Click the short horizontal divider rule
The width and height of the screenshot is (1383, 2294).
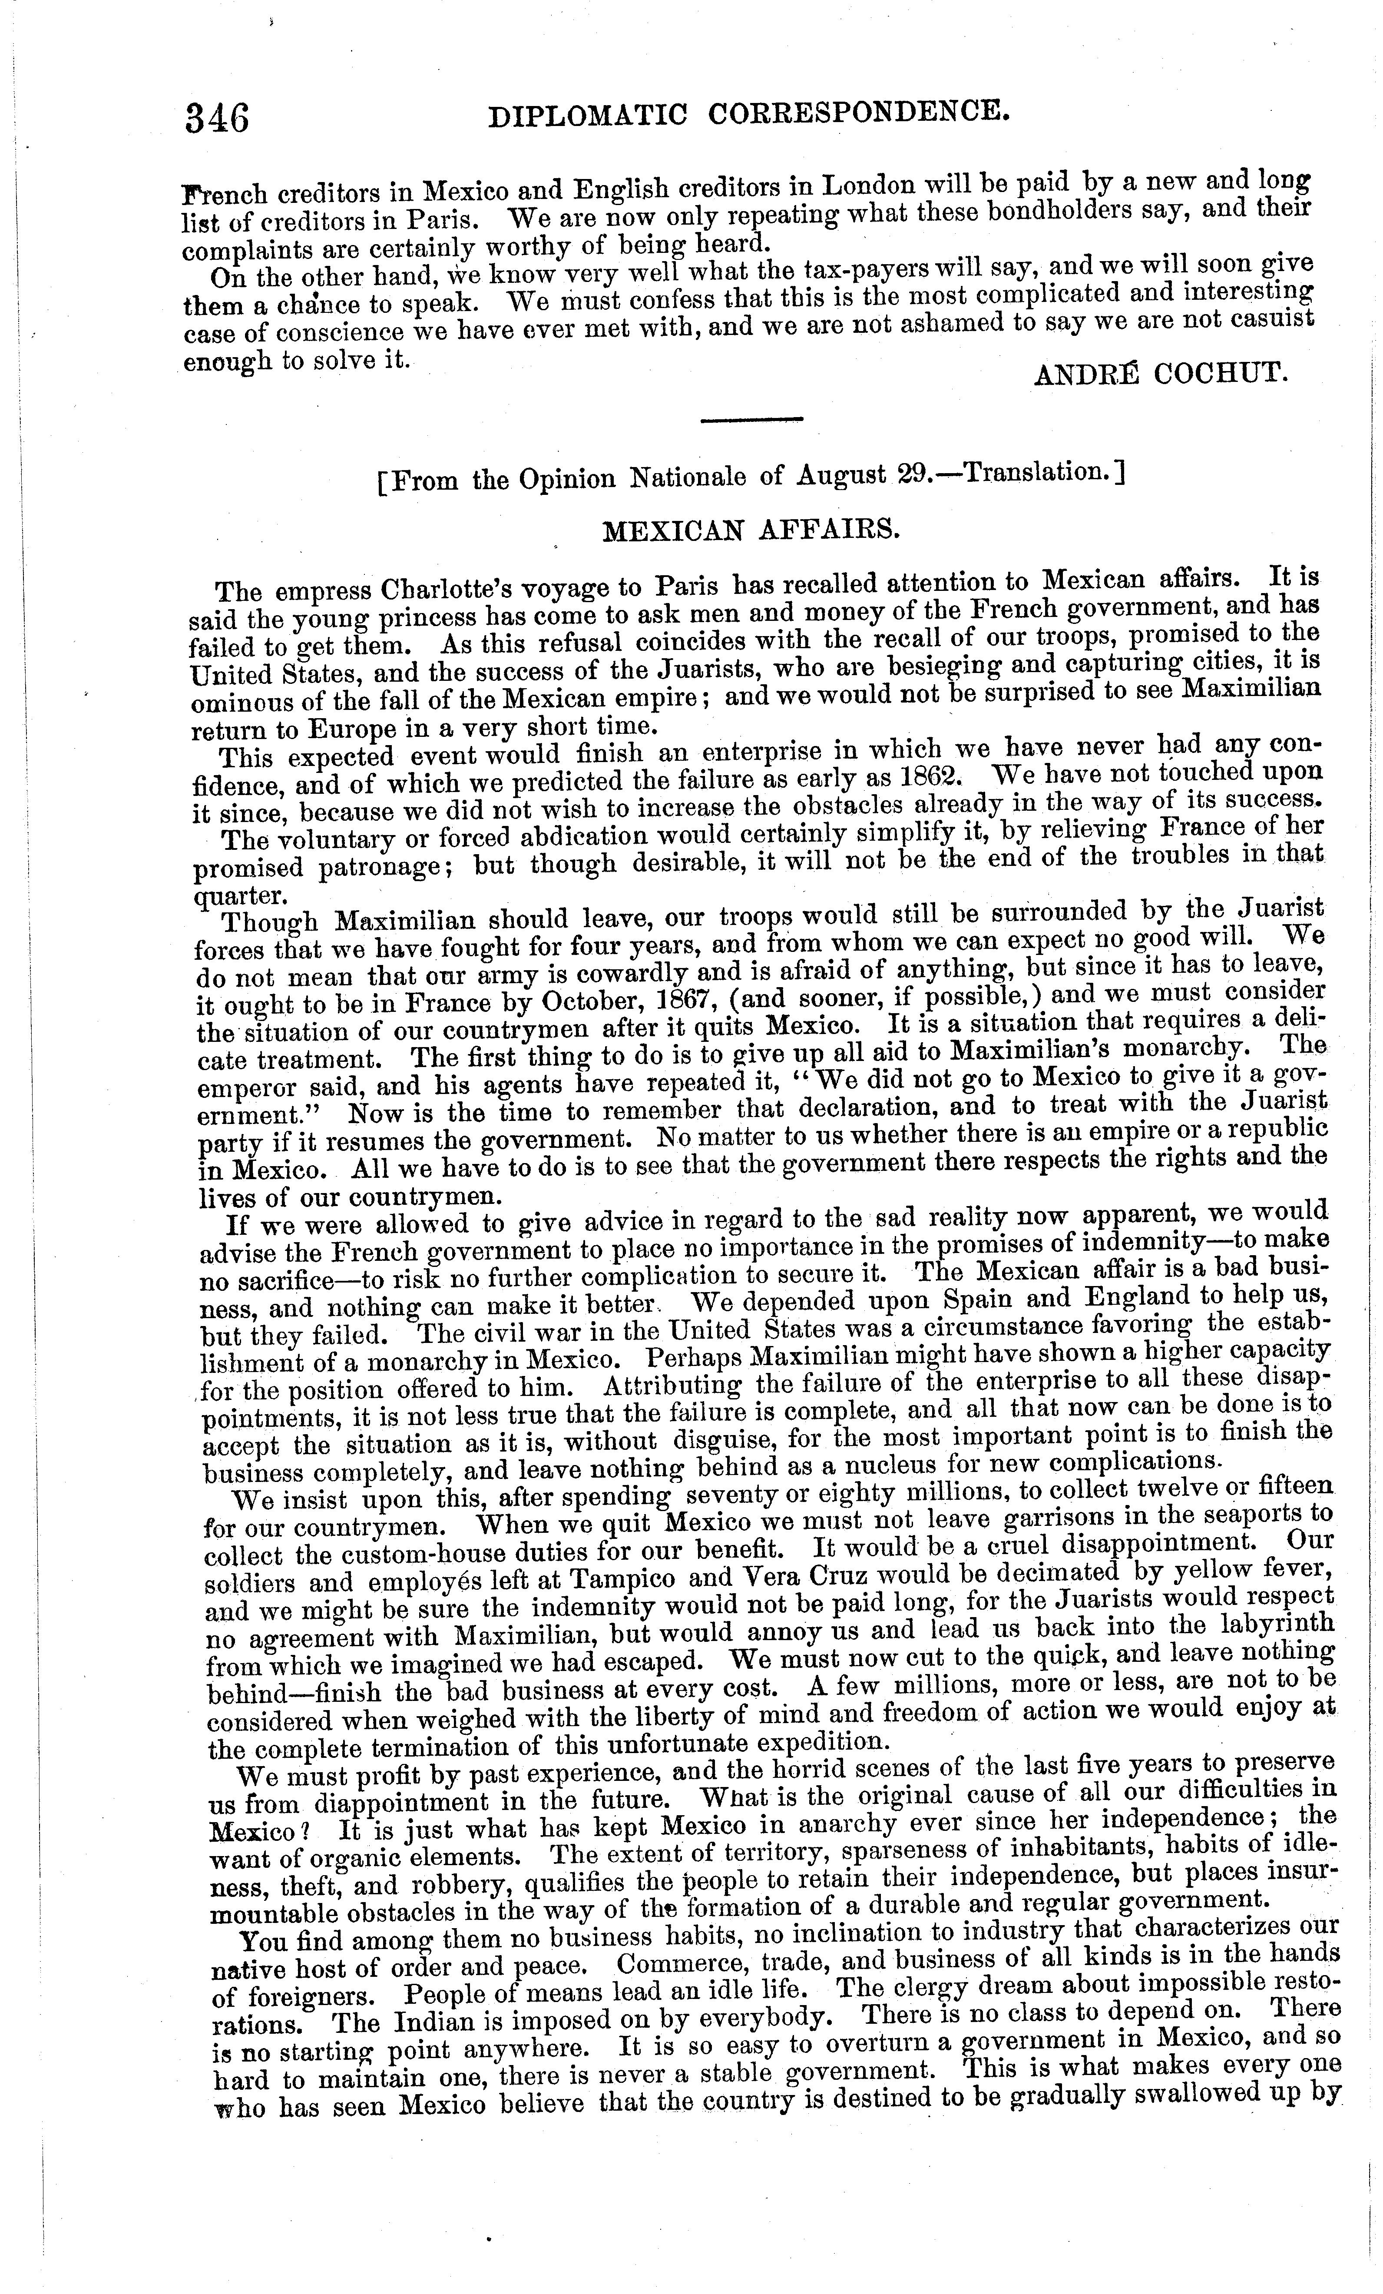click(751, 421)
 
